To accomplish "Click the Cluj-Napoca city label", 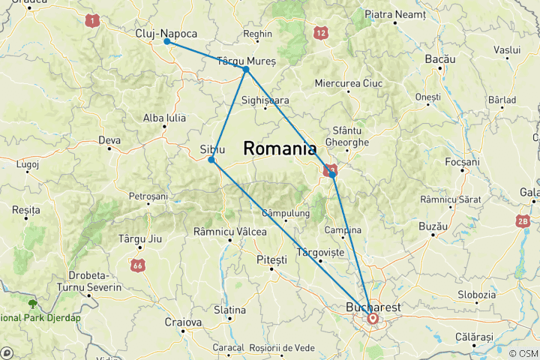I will point(166,34).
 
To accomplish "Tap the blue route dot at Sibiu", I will point(212,160).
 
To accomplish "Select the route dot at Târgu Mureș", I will point(246,69).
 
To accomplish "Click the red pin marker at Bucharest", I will point(372,318).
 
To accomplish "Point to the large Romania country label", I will point(280,149).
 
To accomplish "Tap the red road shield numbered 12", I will point(321,32).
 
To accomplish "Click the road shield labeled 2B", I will point(523,222).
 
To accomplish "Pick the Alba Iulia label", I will point(164,118).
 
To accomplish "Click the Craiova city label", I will point(183,322).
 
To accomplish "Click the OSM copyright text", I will point(522,353).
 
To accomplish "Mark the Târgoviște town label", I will point(321,252).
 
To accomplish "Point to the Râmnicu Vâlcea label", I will point(229,232).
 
